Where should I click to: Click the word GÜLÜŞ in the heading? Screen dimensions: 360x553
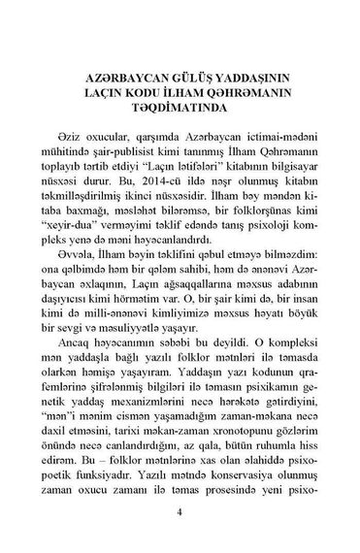point(173,76)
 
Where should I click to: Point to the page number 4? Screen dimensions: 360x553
point(180,515)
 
